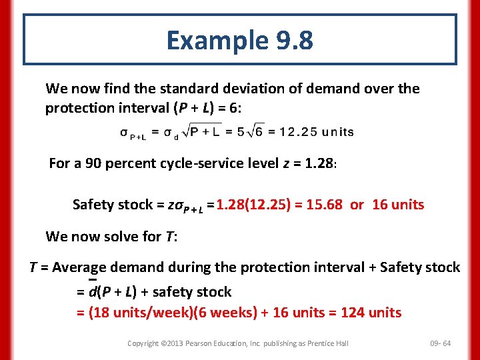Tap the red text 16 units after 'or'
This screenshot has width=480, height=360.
tap(398, 205)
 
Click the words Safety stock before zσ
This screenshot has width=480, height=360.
tap(112, 205)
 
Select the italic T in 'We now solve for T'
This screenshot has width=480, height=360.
tap(169, 236)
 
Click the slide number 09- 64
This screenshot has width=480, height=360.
tap(440, 343)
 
